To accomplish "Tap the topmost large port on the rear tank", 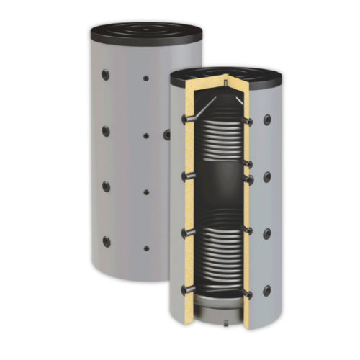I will [x=106, y=74].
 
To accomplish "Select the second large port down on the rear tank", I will [x=106, y=130].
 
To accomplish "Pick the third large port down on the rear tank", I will [x=107, y=186].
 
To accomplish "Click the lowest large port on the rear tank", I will [x=107, y=241].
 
